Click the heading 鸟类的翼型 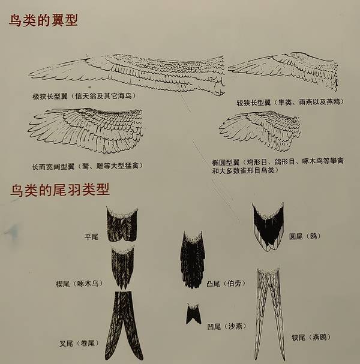click(x=43, y=20)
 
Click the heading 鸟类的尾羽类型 click(x=59, y=190)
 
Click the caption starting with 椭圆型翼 click(x=278, y=166)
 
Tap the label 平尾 click(x=92, y=237)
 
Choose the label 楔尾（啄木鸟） click(x=79, y=284)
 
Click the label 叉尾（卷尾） click(x=79, y=343)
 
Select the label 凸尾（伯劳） click(x=226, y=284)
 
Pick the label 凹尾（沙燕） click(x=227, y=327)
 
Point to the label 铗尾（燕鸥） click(x=311, y=337)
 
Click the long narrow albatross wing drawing click(x=127, y=74)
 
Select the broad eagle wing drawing click(x=85, y=130)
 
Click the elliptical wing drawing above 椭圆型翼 click(x=260, y=130)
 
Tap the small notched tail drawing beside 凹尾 click(x=193, y=314)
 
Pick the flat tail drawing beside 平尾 click(x=122, y=224)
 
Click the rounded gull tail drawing click(x=268, y=227)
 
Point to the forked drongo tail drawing click(x=124, y=326)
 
